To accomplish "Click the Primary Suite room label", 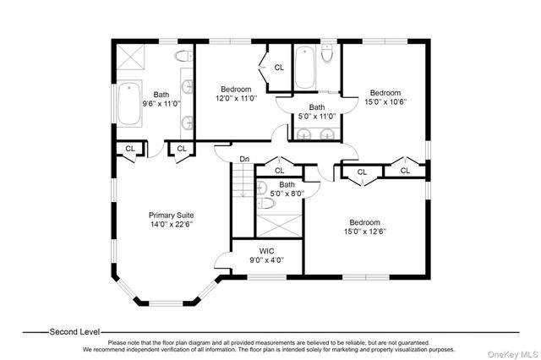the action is click(x=171, y=215).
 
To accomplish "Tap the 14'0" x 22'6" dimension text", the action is click(x=171, y=225).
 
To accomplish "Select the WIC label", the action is click(x=267, y=251).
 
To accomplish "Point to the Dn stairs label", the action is click(x=244, y=159).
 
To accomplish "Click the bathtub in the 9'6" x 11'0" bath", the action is click(x=129, y=103).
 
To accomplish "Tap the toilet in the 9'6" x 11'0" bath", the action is click(x=183, y=56).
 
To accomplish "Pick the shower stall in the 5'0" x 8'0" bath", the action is click(x=279, y=226).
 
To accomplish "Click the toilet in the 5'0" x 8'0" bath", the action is click(x=266, y=203).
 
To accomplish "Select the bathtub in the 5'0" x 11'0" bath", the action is click(x=304, y=68).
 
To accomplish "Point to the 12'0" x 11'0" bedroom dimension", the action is click(x=237, y=99).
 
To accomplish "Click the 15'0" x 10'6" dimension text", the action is click(x=385, y=102).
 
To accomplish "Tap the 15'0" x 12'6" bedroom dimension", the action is click(x=364, y=232).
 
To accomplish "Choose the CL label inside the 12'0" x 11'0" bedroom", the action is click(x=279, y=68).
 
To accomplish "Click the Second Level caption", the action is click(x=74, y=332).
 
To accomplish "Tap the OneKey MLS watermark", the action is click(x=512, y=354).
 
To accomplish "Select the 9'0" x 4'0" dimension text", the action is click(x=267, y=260).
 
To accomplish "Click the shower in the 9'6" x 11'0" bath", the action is click(x=130, y=57).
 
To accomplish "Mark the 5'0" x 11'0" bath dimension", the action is click(x=317, y=117).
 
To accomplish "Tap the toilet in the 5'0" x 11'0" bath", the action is click(x=326, y=52).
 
